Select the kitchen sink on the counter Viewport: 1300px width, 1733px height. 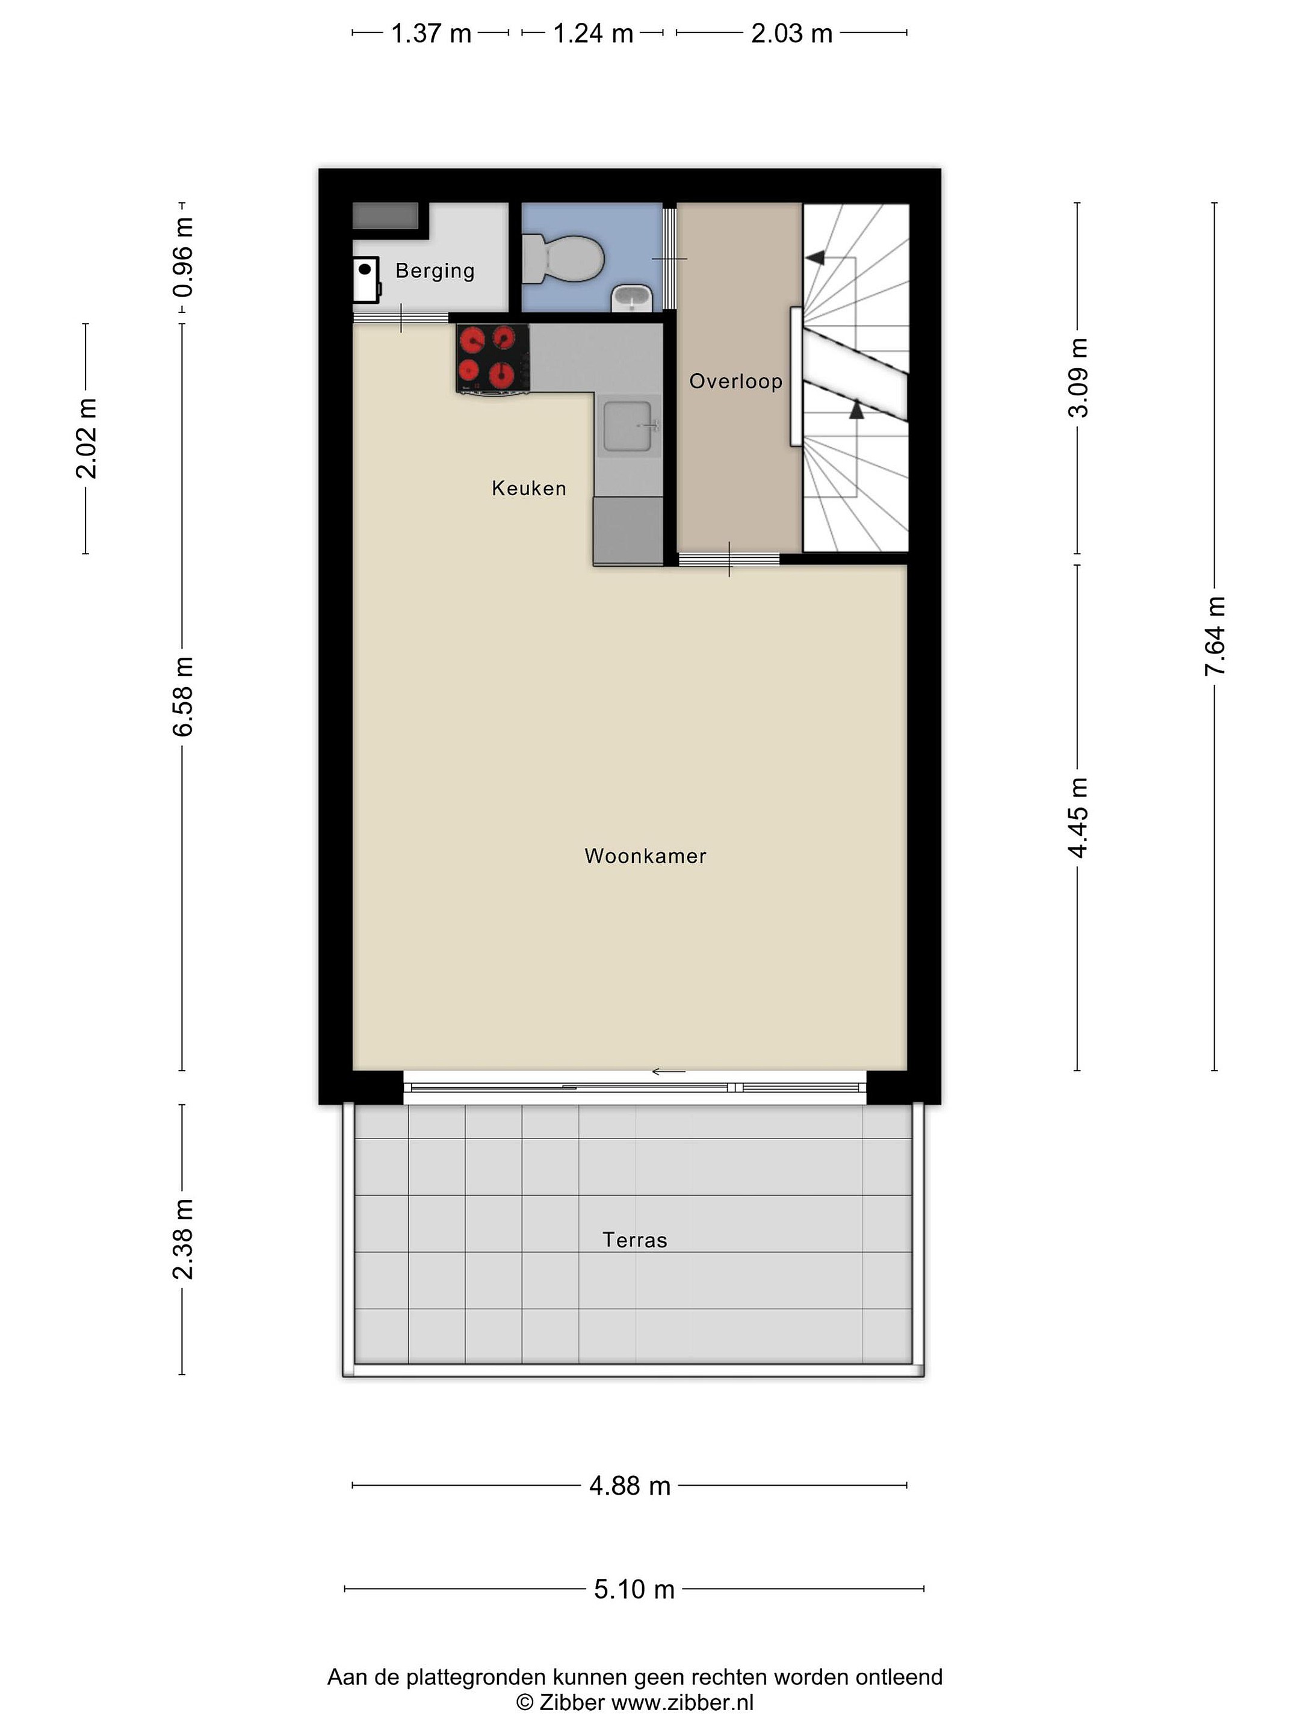tap(627, 427)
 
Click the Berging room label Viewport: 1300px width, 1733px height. tap(435, 271)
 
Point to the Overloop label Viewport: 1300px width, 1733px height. tap(736, 382)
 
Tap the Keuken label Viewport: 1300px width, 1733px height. tap(529, 488)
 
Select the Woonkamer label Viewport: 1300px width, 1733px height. tap(646, 856)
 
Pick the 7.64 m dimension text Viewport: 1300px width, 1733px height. tap(1215, 635)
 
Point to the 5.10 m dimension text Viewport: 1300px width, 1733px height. tap(634, 1589)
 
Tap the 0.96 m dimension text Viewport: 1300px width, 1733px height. tap(182, 258)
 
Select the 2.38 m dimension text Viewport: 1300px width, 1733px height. tap(182, 1240)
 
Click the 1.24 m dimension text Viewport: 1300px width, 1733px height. tap(593, 34)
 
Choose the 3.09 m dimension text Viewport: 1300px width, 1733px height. tap(1079, 378)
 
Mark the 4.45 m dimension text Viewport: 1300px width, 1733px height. tap(1079, 817)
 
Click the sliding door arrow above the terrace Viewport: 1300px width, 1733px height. tap(669, 1072)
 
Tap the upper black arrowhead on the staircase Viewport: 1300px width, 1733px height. tap(815, 257)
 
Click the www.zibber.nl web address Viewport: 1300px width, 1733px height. tap(682, 1702)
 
